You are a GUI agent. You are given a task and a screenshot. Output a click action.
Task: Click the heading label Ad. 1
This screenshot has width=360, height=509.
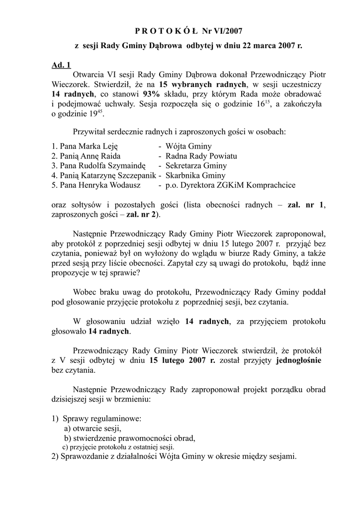point(61,65)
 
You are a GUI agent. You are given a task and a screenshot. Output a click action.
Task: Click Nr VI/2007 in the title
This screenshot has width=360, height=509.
point(222,31)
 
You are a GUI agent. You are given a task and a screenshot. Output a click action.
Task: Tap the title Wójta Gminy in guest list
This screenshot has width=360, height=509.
point(188,146)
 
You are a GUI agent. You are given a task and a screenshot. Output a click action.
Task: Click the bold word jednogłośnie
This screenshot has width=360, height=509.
point(299,360)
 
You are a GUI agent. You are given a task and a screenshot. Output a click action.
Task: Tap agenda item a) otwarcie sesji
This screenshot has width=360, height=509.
point(92,428)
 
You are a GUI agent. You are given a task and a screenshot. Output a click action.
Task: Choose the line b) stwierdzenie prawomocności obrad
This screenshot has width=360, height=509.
point(129,438)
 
